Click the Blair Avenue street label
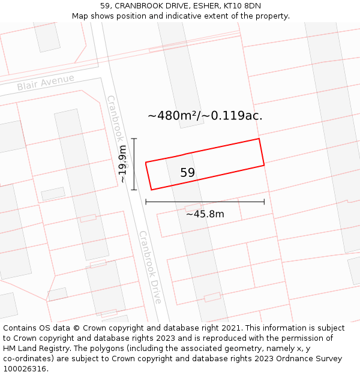pyautogui.click(x=46, y=82)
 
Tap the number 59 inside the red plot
pyautogui.click(x=188, y=173)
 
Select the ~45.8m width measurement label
pyautogui.click(x=205, y=214)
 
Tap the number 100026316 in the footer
pyautogui.click(x=25, y=368)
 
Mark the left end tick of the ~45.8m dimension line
pyautogui.click(x=146, y=202)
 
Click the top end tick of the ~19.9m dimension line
pyautogui.click(x=134, y=139)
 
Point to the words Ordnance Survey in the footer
pyautogui.click(x=310, y=359)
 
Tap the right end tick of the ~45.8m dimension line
pyautogui.click(x=264, y=202)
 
